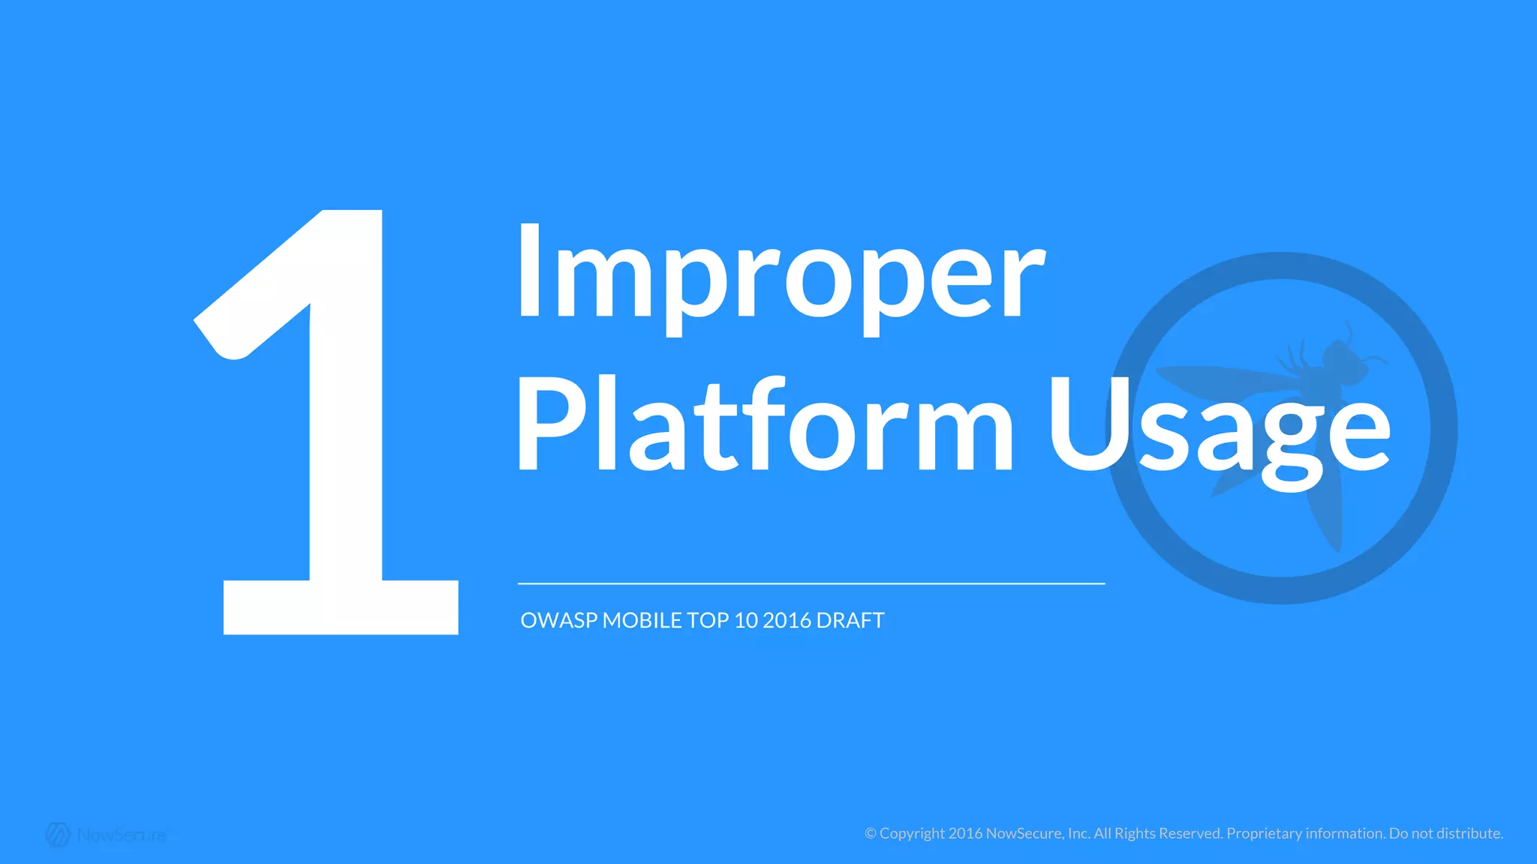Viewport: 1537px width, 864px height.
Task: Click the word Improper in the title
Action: tap(781, 274)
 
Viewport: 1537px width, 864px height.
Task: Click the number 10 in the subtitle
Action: tap(746, 621)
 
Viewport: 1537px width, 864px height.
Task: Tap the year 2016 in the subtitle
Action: tap(787, 621)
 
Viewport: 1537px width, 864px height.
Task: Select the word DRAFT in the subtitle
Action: tap(850, 621)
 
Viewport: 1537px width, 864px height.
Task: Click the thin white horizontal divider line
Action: tap(811, 583)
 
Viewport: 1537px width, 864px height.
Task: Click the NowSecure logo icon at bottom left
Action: tap(58, 835)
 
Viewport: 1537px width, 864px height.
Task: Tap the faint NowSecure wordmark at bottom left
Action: tap(122, 835)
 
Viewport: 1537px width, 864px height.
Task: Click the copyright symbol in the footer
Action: tap(871, 834)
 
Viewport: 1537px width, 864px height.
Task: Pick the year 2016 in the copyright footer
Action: tap(965, 834)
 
